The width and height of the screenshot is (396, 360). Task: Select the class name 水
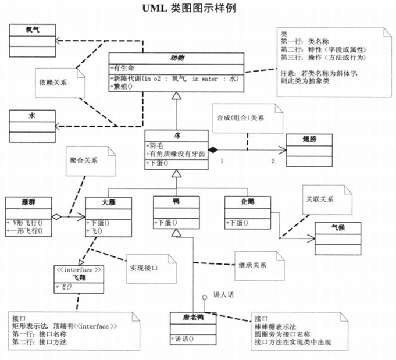[33, 115]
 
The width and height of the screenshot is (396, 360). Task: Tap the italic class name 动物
[177, 58]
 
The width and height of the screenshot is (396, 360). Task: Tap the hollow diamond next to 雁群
[56, 217]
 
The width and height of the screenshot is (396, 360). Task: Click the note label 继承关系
[252, 265]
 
